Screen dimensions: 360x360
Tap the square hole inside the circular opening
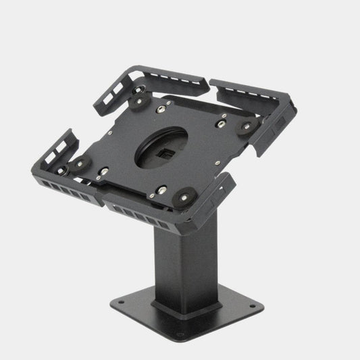pos(161,151)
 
